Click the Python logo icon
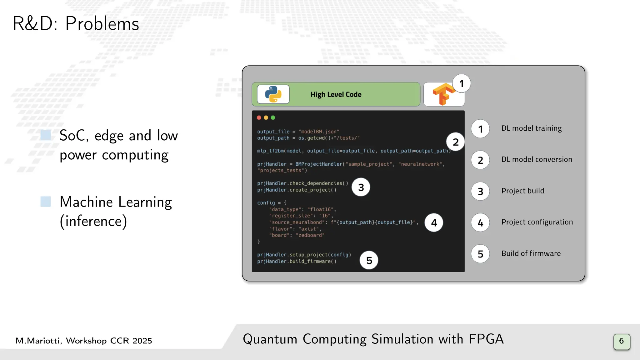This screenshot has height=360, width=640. click(273, 94)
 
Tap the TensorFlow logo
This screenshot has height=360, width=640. click(443, 94)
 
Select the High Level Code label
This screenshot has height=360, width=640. click(336, 94)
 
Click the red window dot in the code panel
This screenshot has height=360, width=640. click(259, 118)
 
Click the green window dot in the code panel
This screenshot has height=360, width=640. click(273, 118)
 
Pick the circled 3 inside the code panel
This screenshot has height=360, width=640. click(361, 187)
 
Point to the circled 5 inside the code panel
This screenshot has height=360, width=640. click(369, 260)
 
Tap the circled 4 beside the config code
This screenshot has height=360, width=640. click(434, 222)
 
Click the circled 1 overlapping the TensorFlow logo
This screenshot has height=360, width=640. click(461, 83)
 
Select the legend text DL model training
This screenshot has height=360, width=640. click(531, 128)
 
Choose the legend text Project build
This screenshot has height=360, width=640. click(522, 191)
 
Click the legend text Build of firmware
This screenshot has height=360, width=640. click(531, 253)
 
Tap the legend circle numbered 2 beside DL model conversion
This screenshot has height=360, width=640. click(480, 160)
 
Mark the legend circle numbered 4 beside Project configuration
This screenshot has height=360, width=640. click(480, 222)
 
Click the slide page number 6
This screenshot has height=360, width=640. click(622, 341)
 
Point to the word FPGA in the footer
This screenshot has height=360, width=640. click(486, 339)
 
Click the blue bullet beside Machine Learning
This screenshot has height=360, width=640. click(46, 202)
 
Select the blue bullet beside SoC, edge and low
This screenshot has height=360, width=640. click(46, 135)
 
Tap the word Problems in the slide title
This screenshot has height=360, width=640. click(102, 24)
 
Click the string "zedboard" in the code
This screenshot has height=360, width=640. click(310, 235)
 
